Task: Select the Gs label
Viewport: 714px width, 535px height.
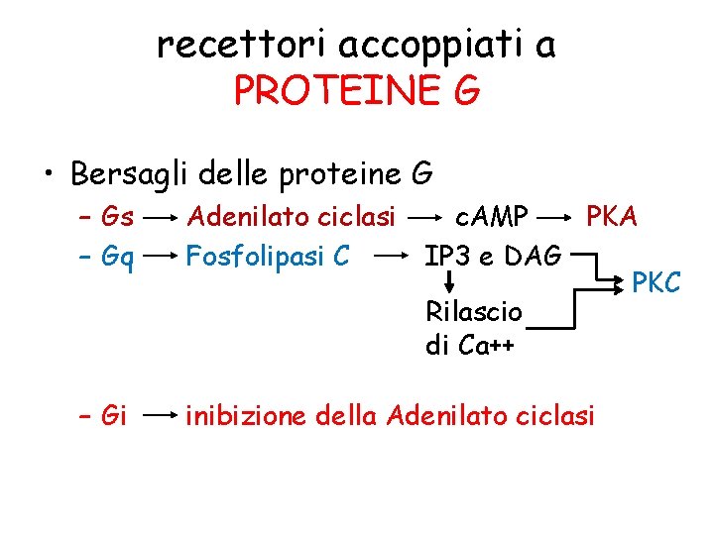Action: [x=118, y=215]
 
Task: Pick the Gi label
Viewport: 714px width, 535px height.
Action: [x=114, y=415]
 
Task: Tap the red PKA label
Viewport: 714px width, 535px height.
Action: [x=612, y=215]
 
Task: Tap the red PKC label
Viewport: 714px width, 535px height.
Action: [x=656, y=283]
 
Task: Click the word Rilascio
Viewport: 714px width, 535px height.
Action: [x=473, y=311]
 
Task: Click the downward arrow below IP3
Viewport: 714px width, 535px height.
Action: [x=447, y=281]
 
